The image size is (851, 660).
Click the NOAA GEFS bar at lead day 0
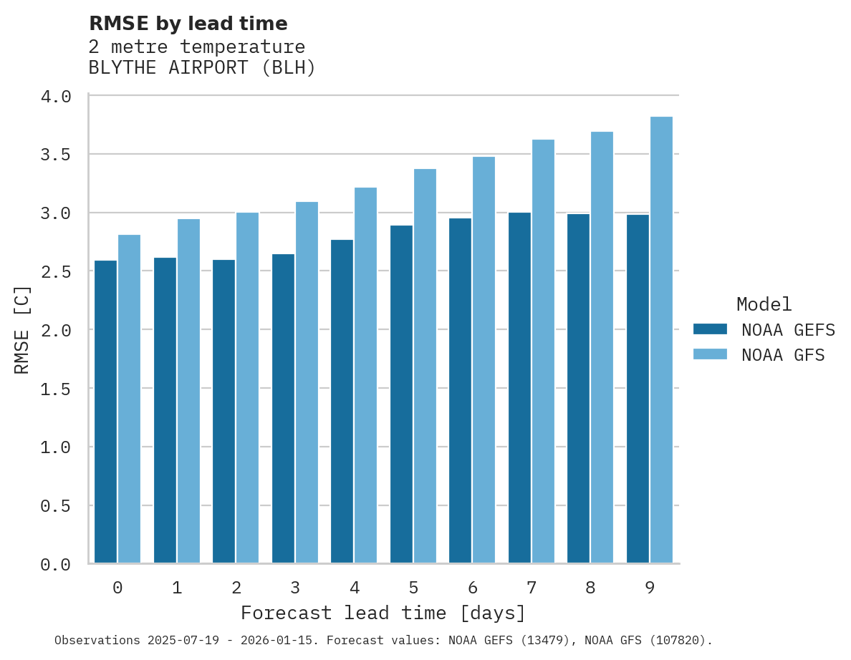pyautogui.click(x=105, y=412)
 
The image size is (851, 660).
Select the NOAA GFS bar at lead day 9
pyautogui.click(x=661, y=340)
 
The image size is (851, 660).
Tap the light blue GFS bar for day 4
pyautogui.click(x=365, y=376)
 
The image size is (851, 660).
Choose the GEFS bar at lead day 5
pyautogui.click(x=401, y=394)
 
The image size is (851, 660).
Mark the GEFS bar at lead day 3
pyautogui.click(x=283, y=409)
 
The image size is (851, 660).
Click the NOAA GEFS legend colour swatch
pyautogui.click(x=710, y=329)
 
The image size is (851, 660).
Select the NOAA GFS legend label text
pyautogui.click(x=783, y=355)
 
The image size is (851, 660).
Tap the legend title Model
pyautogui.click(x=764, y=304)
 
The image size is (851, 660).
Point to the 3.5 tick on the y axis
pyautogui.click(x=55, y=155)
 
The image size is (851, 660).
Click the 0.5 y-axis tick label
pyautogui.click(x=55, y=506)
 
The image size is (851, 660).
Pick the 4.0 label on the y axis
pyautogui.click(x=55, y=96)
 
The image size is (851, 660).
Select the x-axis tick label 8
pyautogui.click(x=590, y=588)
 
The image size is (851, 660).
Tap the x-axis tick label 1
pyautogui.click(x=176, y=588)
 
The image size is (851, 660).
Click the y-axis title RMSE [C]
pyautogui.click(x=22, y=329)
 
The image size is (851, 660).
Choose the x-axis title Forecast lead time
pyautogui.click(x=383, y=613)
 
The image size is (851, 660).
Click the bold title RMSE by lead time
pyautogui.click(x=188, y=24)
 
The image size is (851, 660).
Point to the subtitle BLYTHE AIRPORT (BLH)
pyautogui.click(x=202, y=68)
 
